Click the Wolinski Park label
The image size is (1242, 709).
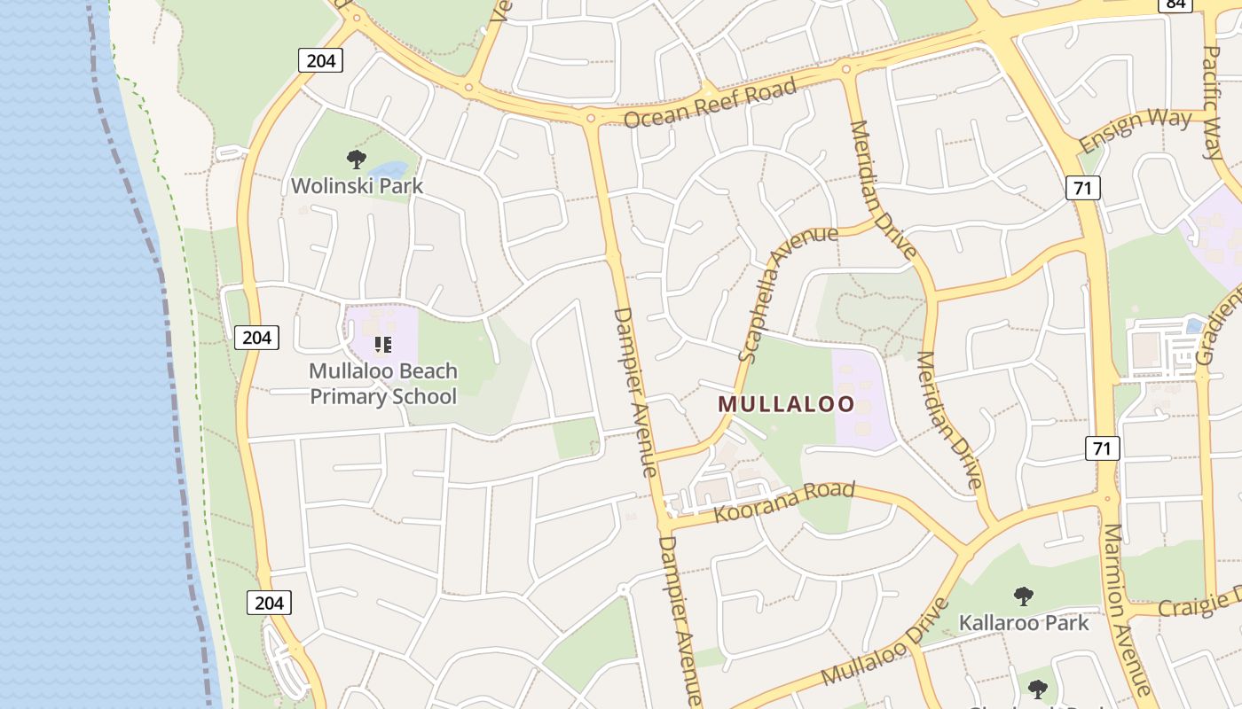[358, 186]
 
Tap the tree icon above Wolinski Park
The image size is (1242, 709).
[357, 160]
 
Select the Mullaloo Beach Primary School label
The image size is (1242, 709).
[383, 383]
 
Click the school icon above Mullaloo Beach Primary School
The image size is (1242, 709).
[383, 344]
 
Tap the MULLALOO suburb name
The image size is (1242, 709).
[786, 405]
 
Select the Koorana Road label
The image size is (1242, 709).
[784, 502]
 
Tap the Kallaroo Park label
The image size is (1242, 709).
[1024, 622]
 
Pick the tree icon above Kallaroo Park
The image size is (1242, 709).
[1024, 596]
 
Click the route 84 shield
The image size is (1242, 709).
[1175, 4]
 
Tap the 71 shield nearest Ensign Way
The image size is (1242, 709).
[1083, 187]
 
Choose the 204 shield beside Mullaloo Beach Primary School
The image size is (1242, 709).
[257, 337]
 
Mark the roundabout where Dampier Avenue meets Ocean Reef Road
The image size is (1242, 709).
[591, 117]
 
